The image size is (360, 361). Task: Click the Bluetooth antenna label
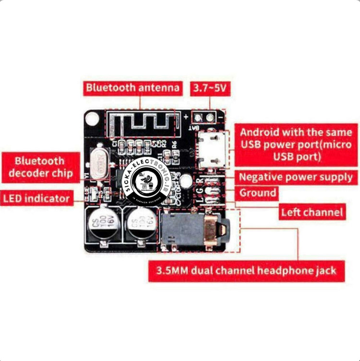coord(133,88)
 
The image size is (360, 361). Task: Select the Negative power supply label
coord(296,177)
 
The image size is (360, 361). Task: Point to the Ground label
coord(258,193)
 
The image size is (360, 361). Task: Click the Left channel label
coord(312,212)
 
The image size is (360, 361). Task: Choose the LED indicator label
coord(37,197)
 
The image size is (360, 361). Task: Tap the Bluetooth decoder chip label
coord(40,167)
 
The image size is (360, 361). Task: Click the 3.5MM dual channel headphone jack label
coord(246,270)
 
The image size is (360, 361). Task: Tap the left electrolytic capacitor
coord(101,224)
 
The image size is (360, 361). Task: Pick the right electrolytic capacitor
coord(142,224)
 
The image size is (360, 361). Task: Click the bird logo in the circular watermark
coord(145,182)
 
